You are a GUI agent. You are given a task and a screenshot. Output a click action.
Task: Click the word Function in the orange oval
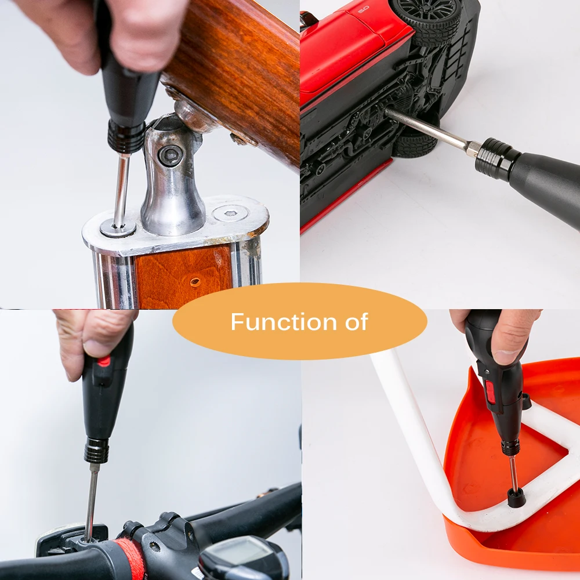point(284,321)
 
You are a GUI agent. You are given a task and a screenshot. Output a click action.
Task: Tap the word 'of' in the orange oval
point(357,321)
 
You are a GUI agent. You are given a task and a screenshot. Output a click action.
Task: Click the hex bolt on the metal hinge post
point(171,155)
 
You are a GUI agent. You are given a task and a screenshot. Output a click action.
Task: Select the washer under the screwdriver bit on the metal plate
point(118,228)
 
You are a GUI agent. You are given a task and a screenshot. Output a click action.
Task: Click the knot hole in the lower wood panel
point(195,282)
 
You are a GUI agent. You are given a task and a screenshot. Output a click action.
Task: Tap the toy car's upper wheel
point(425,20)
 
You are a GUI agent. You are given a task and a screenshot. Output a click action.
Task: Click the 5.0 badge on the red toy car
point(363,9)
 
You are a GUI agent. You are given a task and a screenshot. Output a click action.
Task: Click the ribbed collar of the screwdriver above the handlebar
point(96,451)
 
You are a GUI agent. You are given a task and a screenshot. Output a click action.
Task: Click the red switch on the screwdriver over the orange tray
point(491,393)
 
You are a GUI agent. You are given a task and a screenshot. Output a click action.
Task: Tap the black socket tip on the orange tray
point(516,498)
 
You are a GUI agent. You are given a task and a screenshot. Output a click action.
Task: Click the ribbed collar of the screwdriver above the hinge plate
point(126,137)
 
